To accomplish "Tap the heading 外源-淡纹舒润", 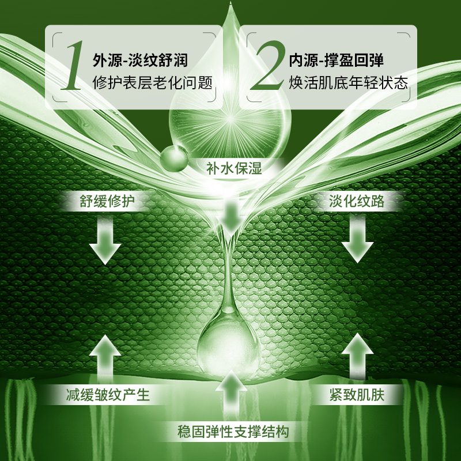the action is [140, 60].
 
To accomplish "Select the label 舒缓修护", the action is [105, 201].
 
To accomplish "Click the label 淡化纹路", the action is [357, 201].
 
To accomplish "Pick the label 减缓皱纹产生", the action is [107, 395].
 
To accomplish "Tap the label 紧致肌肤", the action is [357, 395].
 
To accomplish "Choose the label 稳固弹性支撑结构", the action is [233, 430].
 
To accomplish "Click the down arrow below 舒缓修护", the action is [105, 241].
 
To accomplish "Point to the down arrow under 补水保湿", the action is [231, 217].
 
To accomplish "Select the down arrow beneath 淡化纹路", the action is [357, 241].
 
